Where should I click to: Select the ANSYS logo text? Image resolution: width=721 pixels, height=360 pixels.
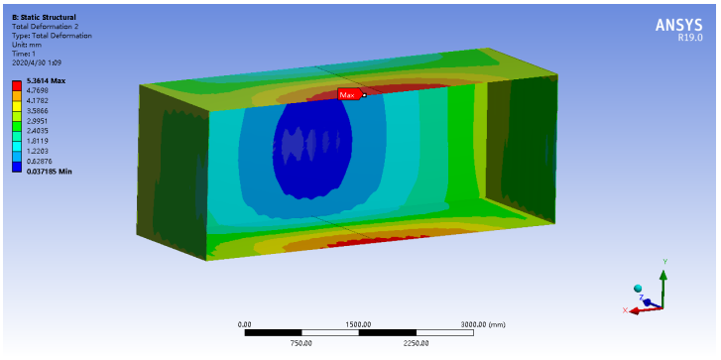click(678, 25)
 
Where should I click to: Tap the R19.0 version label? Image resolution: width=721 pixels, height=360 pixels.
click(689, 39)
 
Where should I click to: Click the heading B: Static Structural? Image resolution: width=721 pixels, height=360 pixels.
click(44, 18)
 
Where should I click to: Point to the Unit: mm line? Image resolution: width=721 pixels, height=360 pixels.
click(25, 45)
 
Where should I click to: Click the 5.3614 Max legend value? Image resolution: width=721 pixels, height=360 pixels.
click(46, 81)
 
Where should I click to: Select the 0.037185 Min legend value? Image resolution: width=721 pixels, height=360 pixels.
click(49, 172)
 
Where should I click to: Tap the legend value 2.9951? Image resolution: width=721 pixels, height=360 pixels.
click(36, 121)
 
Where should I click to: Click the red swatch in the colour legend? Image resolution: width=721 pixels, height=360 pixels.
click(17, 85)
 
